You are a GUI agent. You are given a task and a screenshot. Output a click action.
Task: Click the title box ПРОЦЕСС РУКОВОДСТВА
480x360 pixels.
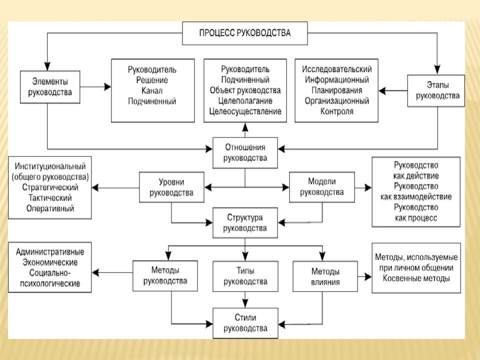click(x=245, y=33)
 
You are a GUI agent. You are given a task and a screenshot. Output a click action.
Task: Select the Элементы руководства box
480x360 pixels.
click(x=50, y=87)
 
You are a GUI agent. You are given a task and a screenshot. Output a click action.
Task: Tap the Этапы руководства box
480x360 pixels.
click(x=436, y=90)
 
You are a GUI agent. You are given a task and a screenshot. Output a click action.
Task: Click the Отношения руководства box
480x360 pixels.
click(x=245, y=153)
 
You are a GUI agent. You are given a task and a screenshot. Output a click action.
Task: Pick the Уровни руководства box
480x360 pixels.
click(x=171, y=187)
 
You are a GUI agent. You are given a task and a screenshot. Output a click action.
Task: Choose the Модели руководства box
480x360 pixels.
click(x=322, y=187)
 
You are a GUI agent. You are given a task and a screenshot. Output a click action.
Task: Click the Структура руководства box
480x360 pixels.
click(x=245, y=223)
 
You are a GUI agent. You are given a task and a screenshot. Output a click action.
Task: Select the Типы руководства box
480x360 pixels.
click(x=245, y=276)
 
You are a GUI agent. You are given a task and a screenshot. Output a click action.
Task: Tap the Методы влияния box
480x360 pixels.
click(x=325, y=276)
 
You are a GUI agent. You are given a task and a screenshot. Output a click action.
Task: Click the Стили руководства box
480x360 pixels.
click(x=245, y=323)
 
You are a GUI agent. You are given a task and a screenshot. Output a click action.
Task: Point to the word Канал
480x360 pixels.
click(x=152, y=90)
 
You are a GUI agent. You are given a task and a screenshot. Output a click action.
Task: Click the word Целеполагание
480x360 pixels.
click(x=245, y=100)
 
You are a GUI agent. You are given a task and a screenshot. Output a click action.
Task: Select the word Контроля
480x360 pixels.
click(x=336, y=111)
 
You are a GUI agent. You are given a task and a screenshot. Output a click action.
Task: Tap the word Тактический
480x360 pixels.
click(x=50, y=198)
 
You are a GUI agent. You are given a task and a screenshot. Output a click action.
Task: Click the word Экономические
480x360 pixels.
click(x=50, y=262)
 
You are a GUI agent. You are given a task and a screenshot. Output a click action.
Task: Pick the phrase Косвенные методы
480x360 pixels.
click(x=416, y=278)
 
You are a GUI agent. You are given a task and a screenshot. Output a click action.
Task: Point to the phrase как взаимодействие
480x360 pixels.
click(x=416, y=197)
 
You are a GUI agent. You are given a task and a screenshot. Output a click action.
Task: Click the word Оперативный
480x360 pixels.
click(x=50, y=208)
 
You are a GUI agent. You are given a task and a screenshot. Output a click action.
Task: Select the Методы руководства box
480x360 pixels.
click(x=165, y=275)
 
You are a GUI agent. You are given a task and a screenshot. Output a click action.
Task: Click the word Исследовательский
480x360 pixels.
click(x=336, y=69)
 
